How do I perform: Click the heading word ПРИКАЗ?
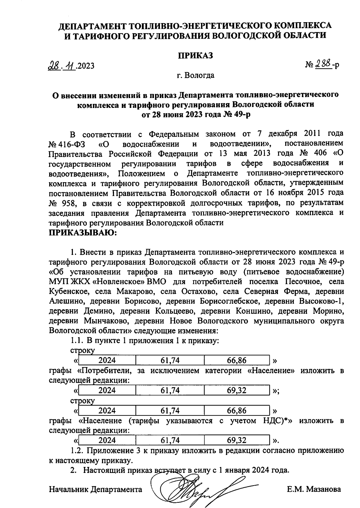click(x=196, y=55)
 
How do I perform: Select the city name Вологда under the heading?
click(x=199, y=75)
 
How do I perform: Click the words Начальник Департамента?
click(x=95, y=489)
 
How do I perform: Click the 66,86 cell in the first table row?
click(x=237, y=360)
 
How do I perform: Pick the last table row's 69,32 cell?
click(x=237, y=440)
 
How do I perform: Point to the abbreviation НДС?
click(x=273, y=420)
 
